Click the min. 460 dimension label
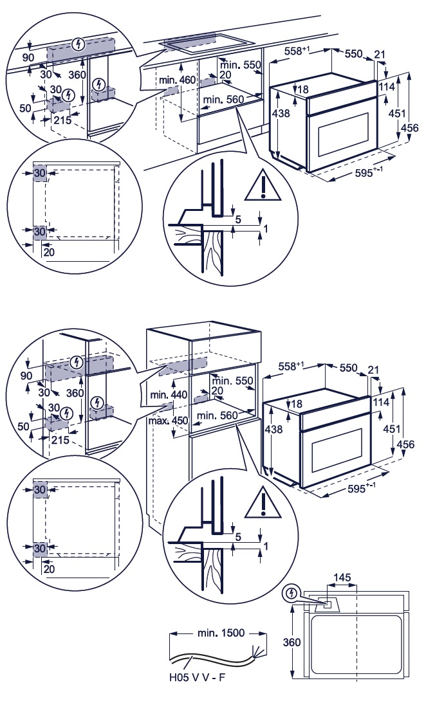point(177,80)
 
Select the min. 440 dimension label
point(169,395)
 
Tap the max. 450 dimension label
point(168,421)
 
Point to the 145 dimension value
point(342,578)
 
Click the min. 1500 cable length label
point(221,633)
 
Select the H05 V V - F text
point(197,678)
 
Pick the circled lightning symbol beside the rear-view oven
point(290,593)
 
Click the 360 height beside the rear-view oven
point(292,642)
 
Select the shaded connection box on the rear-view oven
point(326,603)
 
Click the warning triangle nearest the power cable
point(263,503)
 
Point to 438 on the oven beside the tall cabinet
point(273,428)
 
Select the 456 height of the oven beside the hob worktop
point(410,128)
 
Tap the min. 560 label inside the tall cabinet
point(217,415)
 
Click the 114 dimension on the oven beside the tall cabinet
point(381,402)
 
